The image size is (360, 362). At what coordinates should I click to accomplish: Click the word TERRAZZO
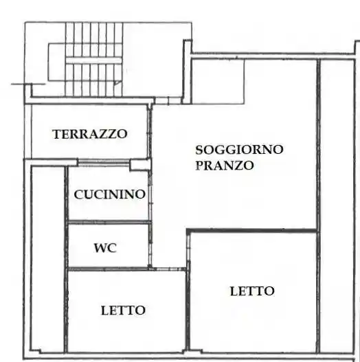coord(89,134)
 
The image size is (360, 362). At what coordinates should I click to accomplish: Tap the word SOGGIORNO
coord(239,149)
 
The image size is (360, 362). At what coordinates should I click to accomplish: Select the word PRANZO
coord(225,166)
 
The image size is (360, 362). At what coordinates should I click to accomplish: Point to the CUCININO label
coord(110,194)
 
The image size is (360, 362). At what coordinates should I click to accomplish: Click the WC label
coord(105,248)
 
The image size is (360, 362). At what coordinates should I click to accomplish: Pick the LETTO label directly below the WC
coord(123,310)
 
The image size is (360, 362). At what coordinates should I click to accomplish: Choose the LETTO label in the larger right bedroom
coord(251,291)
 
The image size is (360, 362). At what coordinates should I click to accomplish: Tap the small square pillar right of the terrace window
coord(140,164)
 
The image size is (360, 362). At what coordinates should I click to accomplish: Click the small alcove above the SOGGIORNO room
coord(217,81)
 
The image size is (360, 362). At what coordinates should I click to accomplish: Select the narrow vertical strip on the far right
coord(339,206)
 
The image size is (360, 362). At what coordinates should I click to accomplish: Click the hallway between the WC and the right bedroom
coord(168,247)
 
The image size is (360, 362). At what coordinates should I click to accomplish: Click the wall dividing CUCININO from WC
coord(109,222)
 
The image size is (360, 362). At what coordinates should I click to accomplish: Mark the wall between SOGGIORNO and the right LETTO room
coord(251,231)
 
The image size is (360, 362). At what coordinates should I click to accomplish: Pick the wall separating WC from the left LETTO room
coord(109,269)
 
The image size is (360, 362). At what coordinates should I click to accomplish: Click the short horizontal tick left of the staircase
coord(19,84)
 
